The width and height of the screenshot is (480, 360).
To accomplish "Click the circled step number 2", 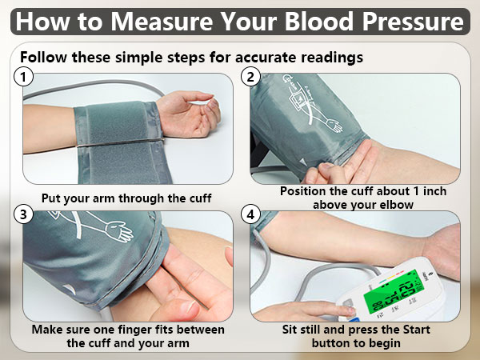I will [251, 78].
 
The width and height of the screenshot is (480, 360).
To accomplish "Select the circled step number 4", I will [251, 214].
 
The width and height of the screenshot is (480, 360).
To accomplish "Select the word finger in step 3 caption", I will [166, 330].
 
